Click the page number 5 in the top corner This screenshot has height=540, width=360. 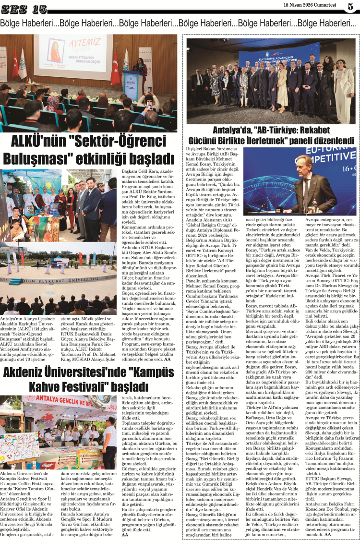pyautogui.click(x=350, y=7)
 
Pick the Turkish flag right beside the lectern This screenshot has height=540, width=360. pyautogui.click(x=116, y=67)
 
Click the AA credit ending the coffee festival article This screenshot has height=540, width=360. pyautogui.click(x=125, y=534)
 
